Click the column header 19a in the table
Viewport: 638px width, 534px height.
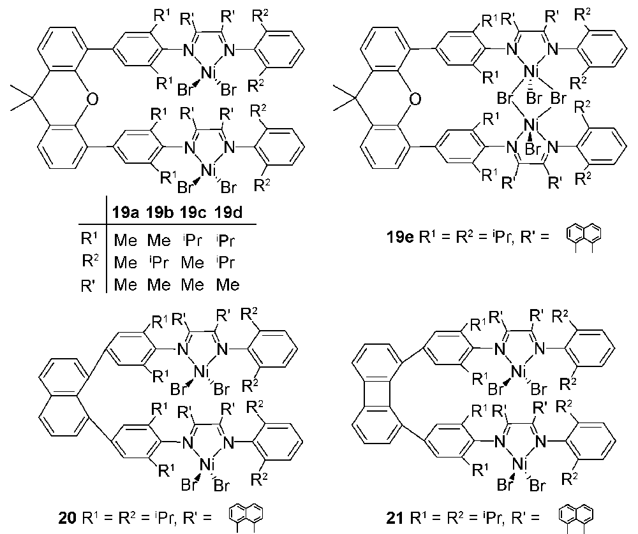(126, 213)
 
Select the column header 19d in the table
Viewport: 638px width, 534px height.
(228, 213)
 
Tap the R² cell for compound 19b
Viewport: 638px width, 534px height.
(159, 263)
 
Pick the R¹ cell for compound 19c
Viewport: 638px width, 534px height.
(193, 241)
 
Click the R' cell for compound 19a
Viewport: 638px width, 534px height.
(125, 285)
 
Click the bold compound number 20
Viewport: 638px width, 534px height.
(68, 518)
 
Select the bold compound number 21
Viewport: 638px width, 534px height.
(394, 517)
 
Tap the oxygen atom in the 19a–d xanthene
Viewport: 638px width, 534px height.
(93, 99)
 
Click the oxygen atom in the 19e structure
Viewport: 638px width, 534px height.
(415, 99)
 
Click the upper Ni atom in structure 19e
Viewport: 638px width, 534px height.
(530, 72)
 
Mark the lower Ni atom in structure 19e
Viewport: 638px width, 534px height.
(530, 125)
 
